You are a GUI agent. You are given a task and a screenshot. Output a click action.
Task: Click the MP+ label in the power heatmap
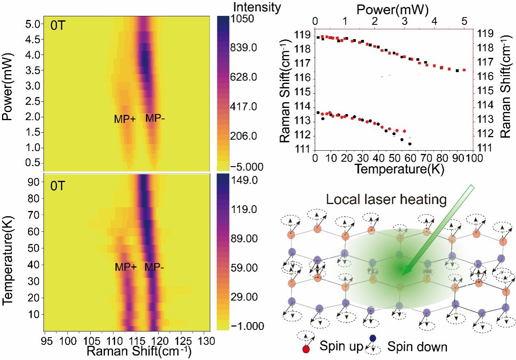pyautogui.click(x=125, y=119)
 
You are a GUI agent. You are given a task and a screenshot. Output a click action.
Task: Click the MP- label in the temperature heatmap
pyautogui.click(x=155, y=267)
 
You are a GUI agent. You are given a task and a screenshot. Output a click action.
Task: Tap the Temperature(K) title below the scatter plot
pyautogui.click(x=393, y=169)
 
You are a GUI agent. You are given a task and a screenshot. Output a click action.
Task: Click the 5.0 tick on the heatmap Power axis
pyautogui.click(x=32, y=24)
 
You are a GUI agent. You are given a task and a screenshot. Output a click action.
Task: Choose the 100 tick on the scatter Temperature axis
pyautogui.click(x=464, y=157)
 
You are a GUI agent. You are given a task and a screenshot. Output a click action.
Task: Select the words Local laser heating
pyautogui.click(x=387, y=200)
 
